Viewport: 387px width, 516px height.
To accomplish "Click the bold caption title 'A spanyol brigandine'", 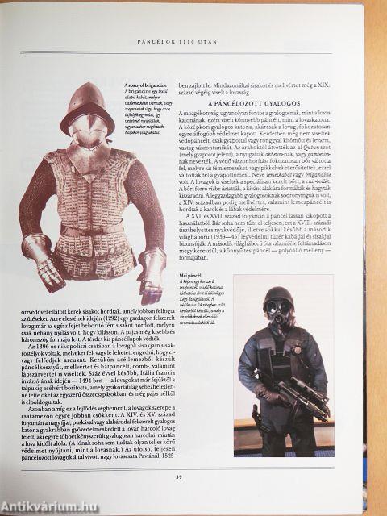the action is point(146,85).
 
